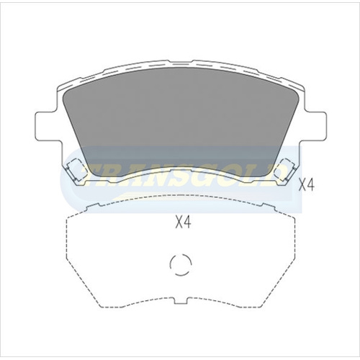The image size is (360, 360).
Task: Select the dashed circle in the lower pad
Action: pyautogui.click(x=179, y=265)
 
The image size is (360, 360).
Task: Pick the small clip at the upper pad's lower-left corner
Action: pyautogui.click(x=73, y=170)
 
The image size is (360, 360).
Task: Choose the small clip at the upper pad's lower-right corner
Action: pyautogui.click(x=287, y=170)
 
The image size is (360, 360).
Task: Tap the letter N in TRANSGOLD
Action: pyautogui.click(x=155, y=175)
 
